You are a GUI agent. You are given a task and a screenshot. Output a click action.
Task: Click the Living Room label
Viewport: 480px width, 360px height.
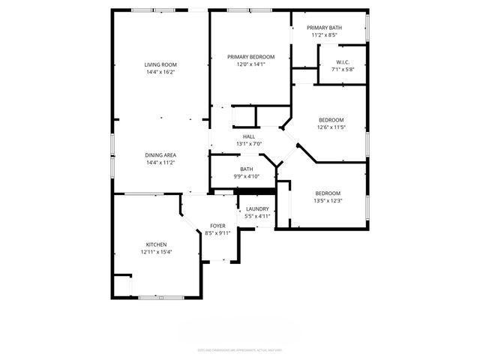coord(160,64)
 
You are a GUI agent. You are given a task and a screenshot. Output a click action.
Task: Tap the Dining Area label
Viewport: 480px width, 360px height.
coord(160,154)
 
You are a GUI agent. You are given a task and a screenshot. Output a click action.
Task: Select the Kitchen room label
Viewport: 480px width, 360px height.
coord(156,244)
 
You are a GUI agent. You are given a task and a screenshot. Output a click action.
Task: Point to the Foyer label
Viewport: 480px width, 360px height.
coord(217,226)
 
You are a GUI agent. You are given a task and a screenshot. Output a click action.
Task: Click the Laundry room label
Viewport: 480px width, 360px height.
coord(257,208)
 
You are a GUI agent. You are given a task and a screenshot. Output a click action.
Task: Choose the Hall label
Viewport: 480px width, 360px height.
coord(248,136)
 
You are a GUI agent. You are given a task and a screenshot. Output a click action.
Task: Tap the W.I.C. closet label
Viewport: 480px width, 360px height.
coord(342,62)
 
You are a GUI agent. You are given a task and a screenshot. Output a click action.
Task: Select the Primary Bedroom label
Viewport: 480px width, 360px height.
coord(251,57)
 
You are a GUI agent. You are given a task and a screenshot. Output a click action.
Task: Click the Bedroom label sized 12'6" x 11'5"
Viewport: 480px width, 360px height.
coord(331,120)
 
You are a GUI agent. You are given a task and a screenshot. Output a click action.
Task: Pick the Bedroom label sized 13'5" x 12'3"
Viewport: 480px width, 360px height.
coord(328,193)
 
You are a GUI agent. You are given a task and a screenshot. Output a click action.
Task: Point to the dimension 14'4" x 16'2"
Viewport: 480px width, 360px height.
coord(160,72)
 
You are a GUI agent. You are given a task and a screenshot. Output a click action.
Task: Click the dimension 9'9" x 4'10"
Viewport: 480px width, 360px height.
coord(247,176)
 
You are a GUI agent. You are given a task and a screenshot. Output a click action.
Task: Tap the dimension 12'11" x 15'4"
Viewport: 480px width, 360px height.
coord(156,252)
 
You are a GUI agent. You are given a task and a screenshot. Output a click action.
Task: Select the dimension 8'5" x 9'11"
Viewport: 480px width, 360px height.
coord(217,233)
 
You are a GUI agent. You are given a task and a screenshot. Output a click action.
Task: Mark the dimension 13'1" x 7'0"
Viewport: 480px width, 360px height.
coord(248,144)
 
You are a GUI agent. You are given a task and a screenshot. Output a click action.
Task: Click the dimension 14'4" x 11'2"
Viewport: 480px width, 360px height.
coord(160,162)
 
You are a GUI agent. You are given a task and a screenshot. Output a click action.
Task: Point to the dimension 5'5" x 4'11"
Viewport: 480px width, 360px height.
coord(257,216)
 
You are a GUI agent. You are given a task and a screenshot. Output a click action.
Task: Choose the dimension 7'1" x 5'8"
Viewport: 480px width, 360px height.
coord(342,70)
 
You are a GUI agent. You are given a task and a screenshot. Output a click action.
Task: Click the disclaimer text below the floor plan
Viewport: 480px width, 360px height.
coord(240,349)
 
